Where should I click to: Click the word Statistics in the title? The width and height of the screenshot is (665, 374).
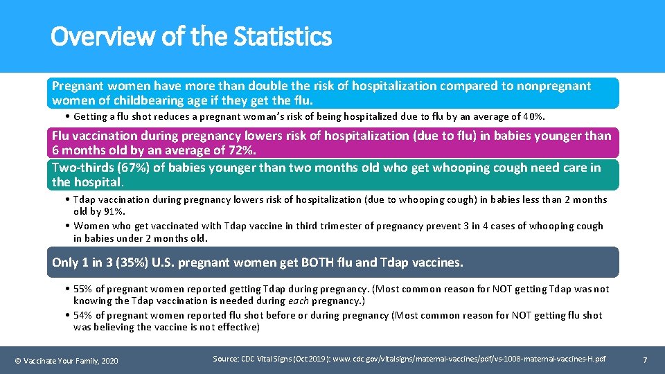click(x=283, y=36)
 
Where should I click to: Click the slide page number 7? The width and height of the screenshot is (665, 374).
click(x=645, y=359)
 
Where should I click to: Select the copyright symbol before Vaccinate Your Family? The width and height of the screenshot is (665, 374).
click(x=18, y=360)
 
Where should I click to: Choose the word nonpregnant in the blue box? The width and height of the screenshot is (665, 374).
click(x=552, y=86)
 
